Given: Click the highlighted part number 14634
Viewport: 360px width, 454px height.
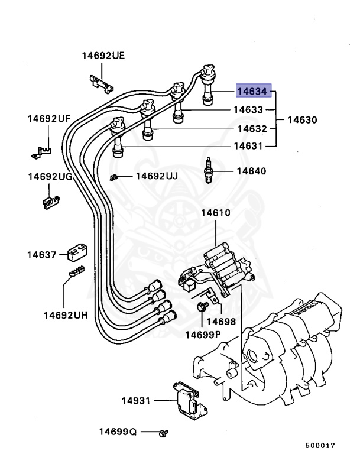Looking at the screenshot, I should tap(253, 91).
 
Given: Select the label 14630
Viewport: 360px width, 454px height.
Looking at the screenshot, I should tap(302, 119).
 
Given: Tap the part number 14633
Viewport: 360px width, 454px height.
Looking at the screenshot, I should tap(248, 109).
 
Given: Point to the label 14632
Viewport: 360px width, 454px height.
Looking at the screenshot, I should tap(252, 128).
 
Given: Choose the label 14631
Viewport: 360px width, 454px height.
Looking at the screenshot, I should tap(248, 145).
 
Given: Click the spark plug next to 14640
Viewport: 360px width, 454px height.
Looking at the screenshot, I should tap(208, 171).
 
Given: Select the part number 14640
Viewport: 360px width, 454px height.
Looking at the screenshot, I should tap(251, 171).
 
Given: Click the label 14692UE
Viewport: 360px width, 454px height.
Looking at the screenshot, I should tap(103, 56).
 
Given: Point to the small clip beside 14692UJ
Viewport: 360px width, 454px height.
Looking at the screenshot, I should tap(115, 177).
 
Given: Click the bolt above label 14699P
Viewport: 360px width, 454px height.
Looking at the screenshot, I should tap(202, 307).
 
